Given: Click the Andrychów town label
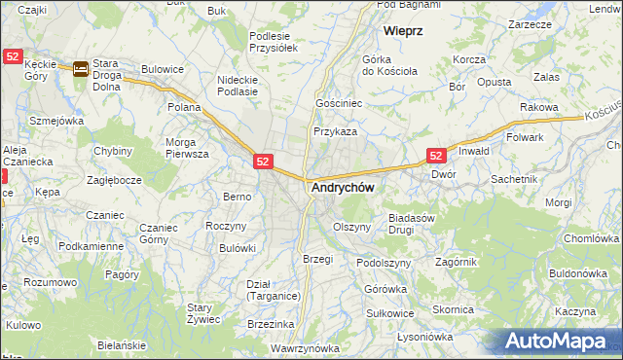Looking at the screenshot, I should (x=343, y=187).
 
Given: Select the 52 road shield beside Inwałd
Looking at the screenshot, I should (x=436, y=156).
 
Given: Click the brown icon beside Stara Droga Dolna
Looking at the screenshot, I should (x=81, y=68).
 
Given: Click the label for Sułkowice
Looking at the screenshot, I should (x=390, y=313).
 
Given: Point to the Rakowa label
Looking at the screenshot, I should (x=537, y=106).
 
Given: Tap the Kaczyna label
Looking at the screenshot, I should (x=576, y=311).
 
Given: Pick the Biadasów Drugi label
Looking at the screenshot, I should (x=411, y=224).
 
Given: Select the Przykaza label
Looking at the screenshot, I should (x=335, y=130).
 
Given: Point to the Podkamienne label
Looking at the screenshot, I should (x=91, y=246).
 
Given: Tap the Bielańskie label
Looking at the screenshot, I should (x=122, y=345).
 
